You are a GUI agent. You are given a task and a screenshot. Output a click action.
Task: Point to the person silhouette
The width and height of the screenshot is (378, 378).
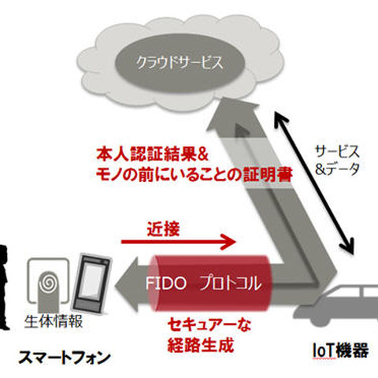(6, 283)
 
